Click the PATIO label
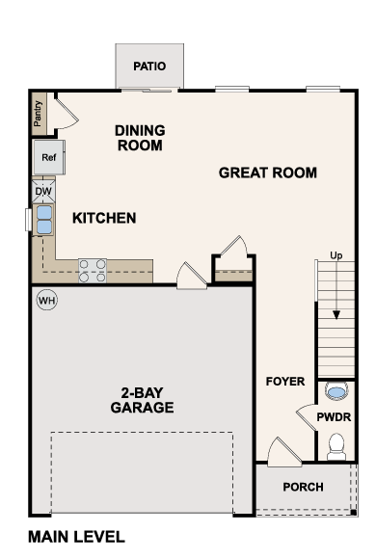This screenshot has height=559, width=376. (149, 67)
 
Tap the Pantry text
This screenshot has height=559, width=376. (38, 114)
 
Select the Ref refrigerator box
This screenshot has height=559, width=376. (49, 157)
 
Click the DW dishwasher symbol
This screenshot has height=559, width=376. (43, 192)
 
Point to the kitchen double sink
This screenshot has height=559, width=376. (44, 220)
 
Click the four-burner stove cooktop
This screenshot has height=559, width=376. (93, 271)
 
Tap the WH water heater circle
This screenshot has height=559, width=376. (47, 300)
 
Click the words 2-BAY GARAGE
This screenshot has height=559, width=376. (142, 400)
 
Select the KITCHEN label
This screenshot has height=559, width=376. (104, 218)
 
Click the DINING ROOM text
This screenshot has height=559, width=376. (140, 138)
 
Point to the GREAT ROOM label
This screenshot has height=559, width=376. (268, 173)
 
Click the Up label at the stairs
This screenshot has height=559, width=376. (336, 255)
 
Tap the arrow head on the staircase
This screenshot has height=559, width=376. (336, 315)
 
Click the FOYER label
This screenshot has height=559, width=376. (285, 382)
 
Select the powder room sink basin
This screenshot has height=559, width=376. (336, 391)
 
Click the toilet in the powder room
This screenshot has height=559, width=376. (336, 446)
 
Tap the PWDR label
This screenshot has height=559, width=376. (334, 417)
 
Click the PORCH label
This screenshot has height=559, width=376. (304, 487)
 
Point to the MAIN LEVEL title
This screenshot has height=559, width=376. (76, 537)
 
